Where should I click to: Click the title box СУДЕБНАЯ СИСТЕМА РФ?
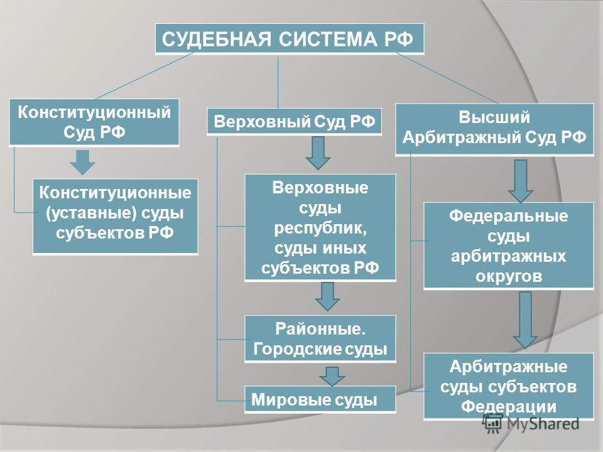[x=290, y=39]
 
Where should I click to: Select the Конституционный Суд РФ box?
[x=94, y=122]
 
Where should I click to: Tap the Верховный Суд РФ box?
[x=294, y=121]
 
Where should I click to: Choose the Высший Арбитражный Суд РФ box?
[x=494, y=129]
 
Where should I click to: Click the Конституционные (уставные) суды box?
[x=116, y=217]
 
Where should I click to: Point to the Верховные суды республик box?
[x=320, y=228]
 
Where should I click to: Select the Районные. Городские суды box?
[x=320, y=339]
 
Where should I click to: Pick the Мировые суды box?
[x=320, y=400]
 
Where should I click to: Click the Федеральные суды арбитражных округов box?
[x=509, y=246]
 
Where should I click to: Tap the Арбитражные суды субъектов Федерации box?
[x=509, y=387]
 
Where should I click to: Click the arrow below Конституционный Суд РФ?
[x=83, y=162]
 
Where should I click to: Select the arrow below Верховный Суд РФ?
[x=318, y=153]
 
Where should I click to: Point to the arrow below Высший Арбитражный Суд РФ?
[x=520, y=181]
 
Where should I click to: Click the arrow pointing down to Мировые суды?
[x=332, y=376]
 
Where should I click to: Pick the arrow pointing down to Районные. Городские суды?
[x=327, y=296]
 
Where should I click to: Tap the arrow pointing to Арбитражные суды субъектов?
[x=525, y=320]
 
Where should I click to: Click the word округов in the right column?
[x=509, y=276]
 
